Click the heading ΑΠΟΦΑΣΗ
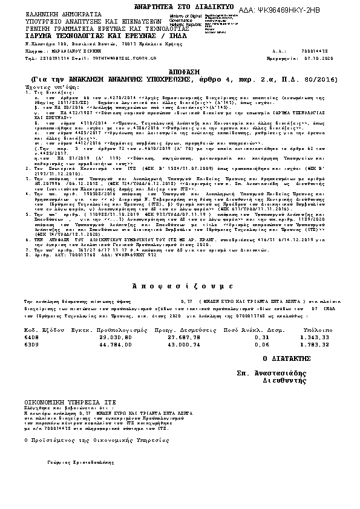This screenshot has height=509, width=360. [180, 71]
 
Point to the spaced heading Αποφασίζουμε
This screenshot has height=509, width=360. [180, 284]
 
